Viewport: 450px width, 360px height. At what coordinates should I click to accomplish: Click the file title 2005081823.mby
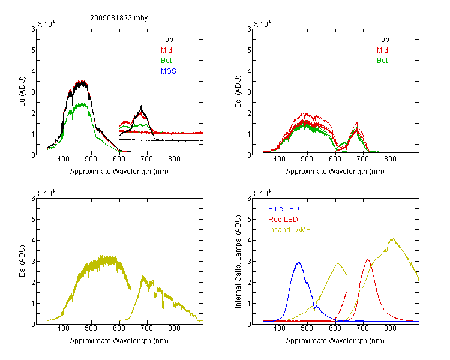pos(119,18)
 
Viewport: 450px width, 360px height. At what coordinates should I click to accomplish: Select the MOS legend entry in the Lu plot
pos(169,71)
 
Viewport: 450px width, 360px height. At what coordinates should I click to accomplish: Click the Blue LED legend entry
pos(284,209)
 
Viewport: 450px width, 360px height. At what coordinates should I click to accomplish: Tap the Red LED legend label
pos(283,220)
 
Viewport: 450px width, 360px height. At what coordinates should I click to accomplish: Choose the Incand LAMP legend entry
pos(289,230)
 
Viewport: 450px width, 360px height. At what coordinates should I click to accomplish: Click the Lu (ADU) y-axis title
pos(22,92)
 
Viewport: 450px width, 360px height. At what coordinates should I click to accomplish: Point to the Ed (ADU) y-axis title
pos(238,92)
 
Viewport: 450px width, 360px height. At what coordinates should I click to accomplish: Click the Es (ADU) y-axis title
pos(22,261)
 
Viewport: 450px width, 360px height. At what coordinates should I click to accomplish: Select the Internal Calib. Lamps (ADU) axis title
pos(238,261)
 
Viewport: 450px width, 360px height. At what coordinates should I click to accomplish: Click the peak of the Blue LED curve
pos(299,262)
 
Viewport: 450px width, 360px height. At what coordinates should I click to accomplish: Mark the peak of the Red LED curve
pos(368,260)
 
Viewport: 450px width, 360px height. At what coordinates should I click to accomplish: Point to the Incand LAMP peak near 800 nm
pos(392,238)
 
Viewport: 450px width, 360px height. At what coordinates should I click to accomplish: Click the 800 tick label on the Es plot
pos(174,328)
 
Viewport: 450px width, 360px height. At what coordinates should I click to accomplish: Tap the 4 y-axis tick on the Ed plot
pos(249,71)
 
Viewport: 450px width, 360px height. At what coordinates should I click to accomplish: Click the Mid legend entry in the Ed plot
pos(382,50)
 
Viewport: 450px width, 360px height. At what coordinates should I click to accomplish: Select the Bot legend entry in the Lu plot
pos(166,61)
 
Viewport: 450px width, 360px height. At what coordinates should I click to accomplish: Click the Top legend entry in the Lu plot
pos(167,40)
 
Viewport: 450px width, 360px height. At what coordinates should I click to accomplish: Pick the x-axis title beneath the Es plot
pos(119,341)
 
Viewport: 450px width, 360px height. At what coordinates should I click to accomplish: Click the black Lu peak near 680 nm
pos(141,106)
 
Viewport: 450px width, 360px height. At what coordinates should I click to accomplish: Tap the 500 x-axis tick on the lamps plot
pos(307,328)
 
